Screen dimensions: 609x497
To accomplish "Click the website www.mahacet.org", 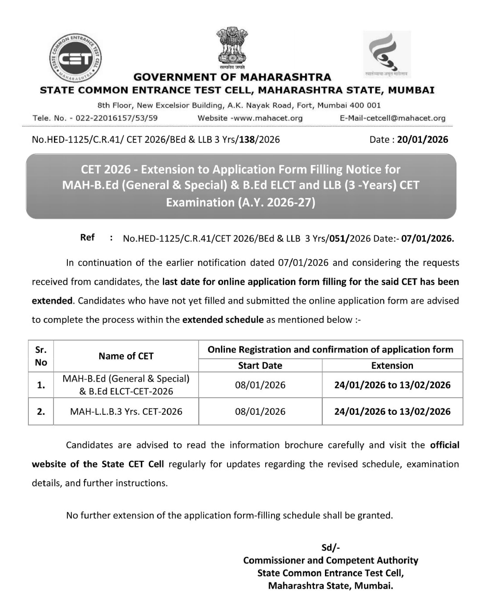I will click(268, 118).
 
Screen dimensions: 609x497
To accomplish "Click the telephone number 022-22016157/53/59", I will click(117, 118).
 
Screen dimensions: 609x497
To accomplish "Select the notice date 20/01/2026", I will click(422, 140).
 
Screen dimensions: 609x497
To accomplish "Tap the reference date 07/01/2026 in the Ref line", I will click(427, 238).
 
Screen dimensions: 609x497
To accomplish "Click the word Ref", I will click(87, 237).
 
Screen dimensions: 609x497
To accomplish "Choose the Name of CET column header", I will click(126, 356).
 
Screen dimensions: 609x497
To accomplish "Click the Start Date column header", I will click(260, 366).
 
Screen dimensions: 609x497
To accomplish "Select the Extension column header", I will click(392, 366).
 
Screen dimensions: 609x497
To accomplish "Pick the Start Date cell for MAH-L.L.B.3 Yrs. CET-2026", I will click(260, 412).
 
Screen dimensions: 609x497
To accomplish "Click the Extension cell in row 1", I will click(392, 385).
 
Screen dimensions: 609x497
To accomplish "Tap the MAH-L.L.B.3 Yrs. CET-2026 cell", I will click(126, 412).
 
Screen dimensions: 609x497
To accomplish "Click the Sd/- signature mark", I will click(330, 548).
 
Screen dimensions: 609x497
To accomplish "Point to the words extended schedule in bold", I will click(223, 320).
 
